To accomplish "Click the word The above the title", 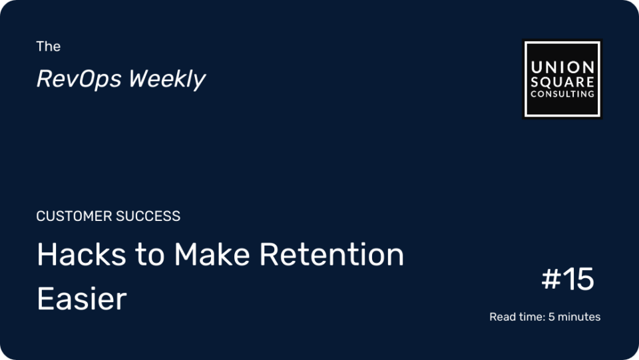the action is pos(48,47).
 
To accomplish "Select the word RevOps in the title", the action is pos(79,79).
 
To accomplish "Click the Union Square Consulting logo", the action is pos(562,79).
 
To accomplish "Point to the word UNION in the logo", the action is pos(562,67).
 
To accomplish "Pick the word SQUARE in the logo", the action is pos(562,82).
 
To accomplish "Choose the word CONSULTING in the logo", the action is pos(562,94).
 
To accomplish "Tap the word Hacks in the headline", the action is pos(81,254).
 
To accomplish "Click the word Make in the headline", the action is pos(212,254).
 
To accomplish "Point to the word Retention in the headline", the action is pos(331,254).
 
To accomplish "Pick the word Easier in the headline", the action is pos(82,299).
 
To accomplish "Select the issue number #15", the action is pos(568,279).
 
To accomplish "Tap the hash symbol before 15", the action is pos(551,279).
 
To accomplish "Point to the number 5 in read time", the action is pos(551,317).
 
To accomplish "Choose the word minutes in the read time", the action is pos(579,317).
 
